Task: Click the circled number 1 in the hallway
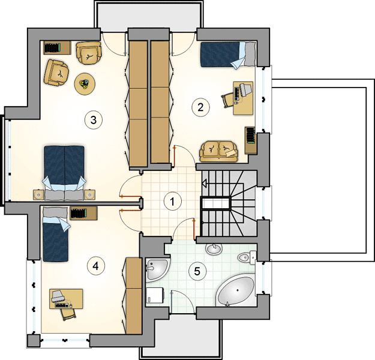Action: [x=172, y=202]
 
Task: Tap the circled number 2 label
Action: [x=200, y=107]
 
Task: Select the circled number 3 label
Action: [x=94, y=120]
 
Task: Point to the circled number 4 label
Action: [x=96, y=266]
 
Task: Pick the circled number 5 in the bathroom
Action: [x=197, y=271]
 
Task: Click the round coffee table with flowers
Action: [x=85, y=84]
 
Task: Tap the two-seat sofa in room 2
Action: [x=219, y=152]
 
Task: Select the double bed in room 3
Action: [x=64, y=172]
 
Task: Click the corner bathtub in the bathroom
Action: [x=236, y=291]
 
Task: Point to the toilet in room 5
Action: [x=247, y=257]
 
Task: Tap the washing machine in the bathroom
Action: [x=155, y=296]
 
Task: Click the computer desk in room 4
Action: [x=66, y=299]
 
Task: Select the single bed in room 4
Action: [x=55, y=234]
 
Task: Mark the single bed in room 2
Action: [x=228, y=54]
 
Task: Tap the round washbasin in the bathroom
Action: [x=214, y=250]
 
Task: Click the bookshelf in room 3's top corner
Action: [x=58, y=47]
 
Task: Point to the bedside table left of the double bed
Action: [x=38, y=195]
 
